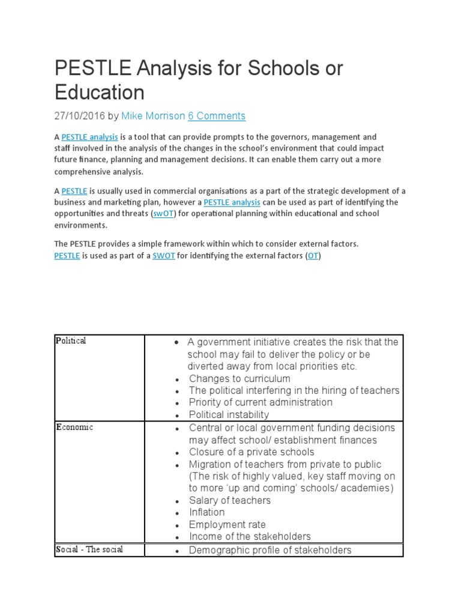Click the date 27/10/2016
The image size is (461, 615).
80,116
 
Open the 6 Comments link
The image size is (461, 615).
217,116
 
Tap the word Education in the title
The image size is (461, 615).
100,92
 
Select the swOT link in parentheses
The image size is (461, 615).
163,214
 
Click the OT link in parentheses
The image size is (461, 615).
313,256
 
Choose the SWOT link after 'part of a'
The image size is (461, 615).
163,256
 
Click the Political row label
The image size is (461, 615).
71,341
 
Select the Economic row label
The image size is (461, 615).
74,428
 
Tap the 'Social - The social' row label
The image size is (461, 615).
89,550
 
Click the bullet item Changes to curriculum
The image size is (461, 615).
240,378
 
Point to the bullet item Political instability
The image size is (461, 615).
229,414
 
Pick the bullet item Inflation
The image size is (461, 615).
206,512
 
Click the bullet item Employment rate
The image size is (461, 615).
227,524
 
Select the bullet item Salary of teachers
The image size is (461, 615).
229,500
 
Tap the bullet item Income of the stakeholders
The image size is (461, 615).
250,536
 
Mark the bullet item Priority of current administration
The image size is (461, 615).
261,402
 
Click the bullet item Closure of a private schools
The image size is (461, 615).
252,452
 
